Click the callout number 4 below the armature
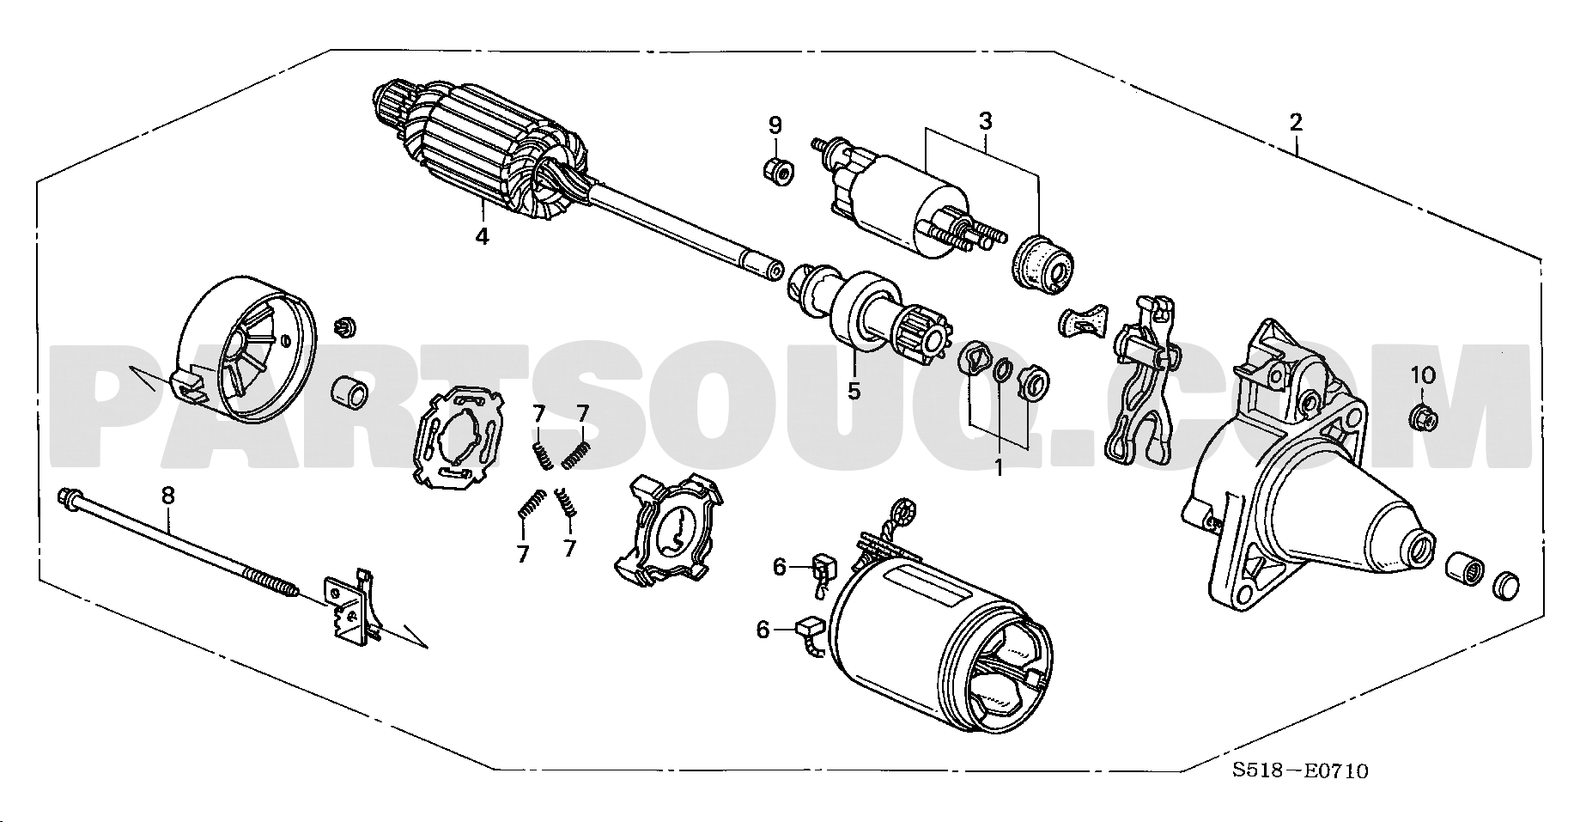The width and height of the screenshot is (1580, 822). tap(483, 236)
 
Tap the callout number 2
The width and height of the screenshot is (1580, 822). tap(1296, 121)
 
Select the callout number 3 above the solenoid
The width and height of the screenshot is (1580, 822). tap(986, 121)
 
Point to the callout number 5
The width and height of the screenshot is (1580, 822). tap(854, 391)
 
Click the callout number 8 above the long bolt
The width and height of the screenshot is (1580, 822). tap(168, 495)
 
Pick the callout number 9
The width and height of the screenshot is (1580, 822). tap(775, 125)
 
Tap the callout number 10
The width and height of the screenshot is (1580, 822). tap(1423, 375)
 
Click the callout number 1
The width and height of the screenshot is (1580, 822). tap(999, 468)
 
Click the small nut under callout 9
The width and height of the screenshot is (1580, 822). tap(777, 170)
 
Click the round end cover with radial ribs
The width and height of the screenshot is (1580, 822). tap(244, 349)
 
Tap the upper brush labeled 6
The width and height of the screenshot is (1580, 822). tap(823, 570)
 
